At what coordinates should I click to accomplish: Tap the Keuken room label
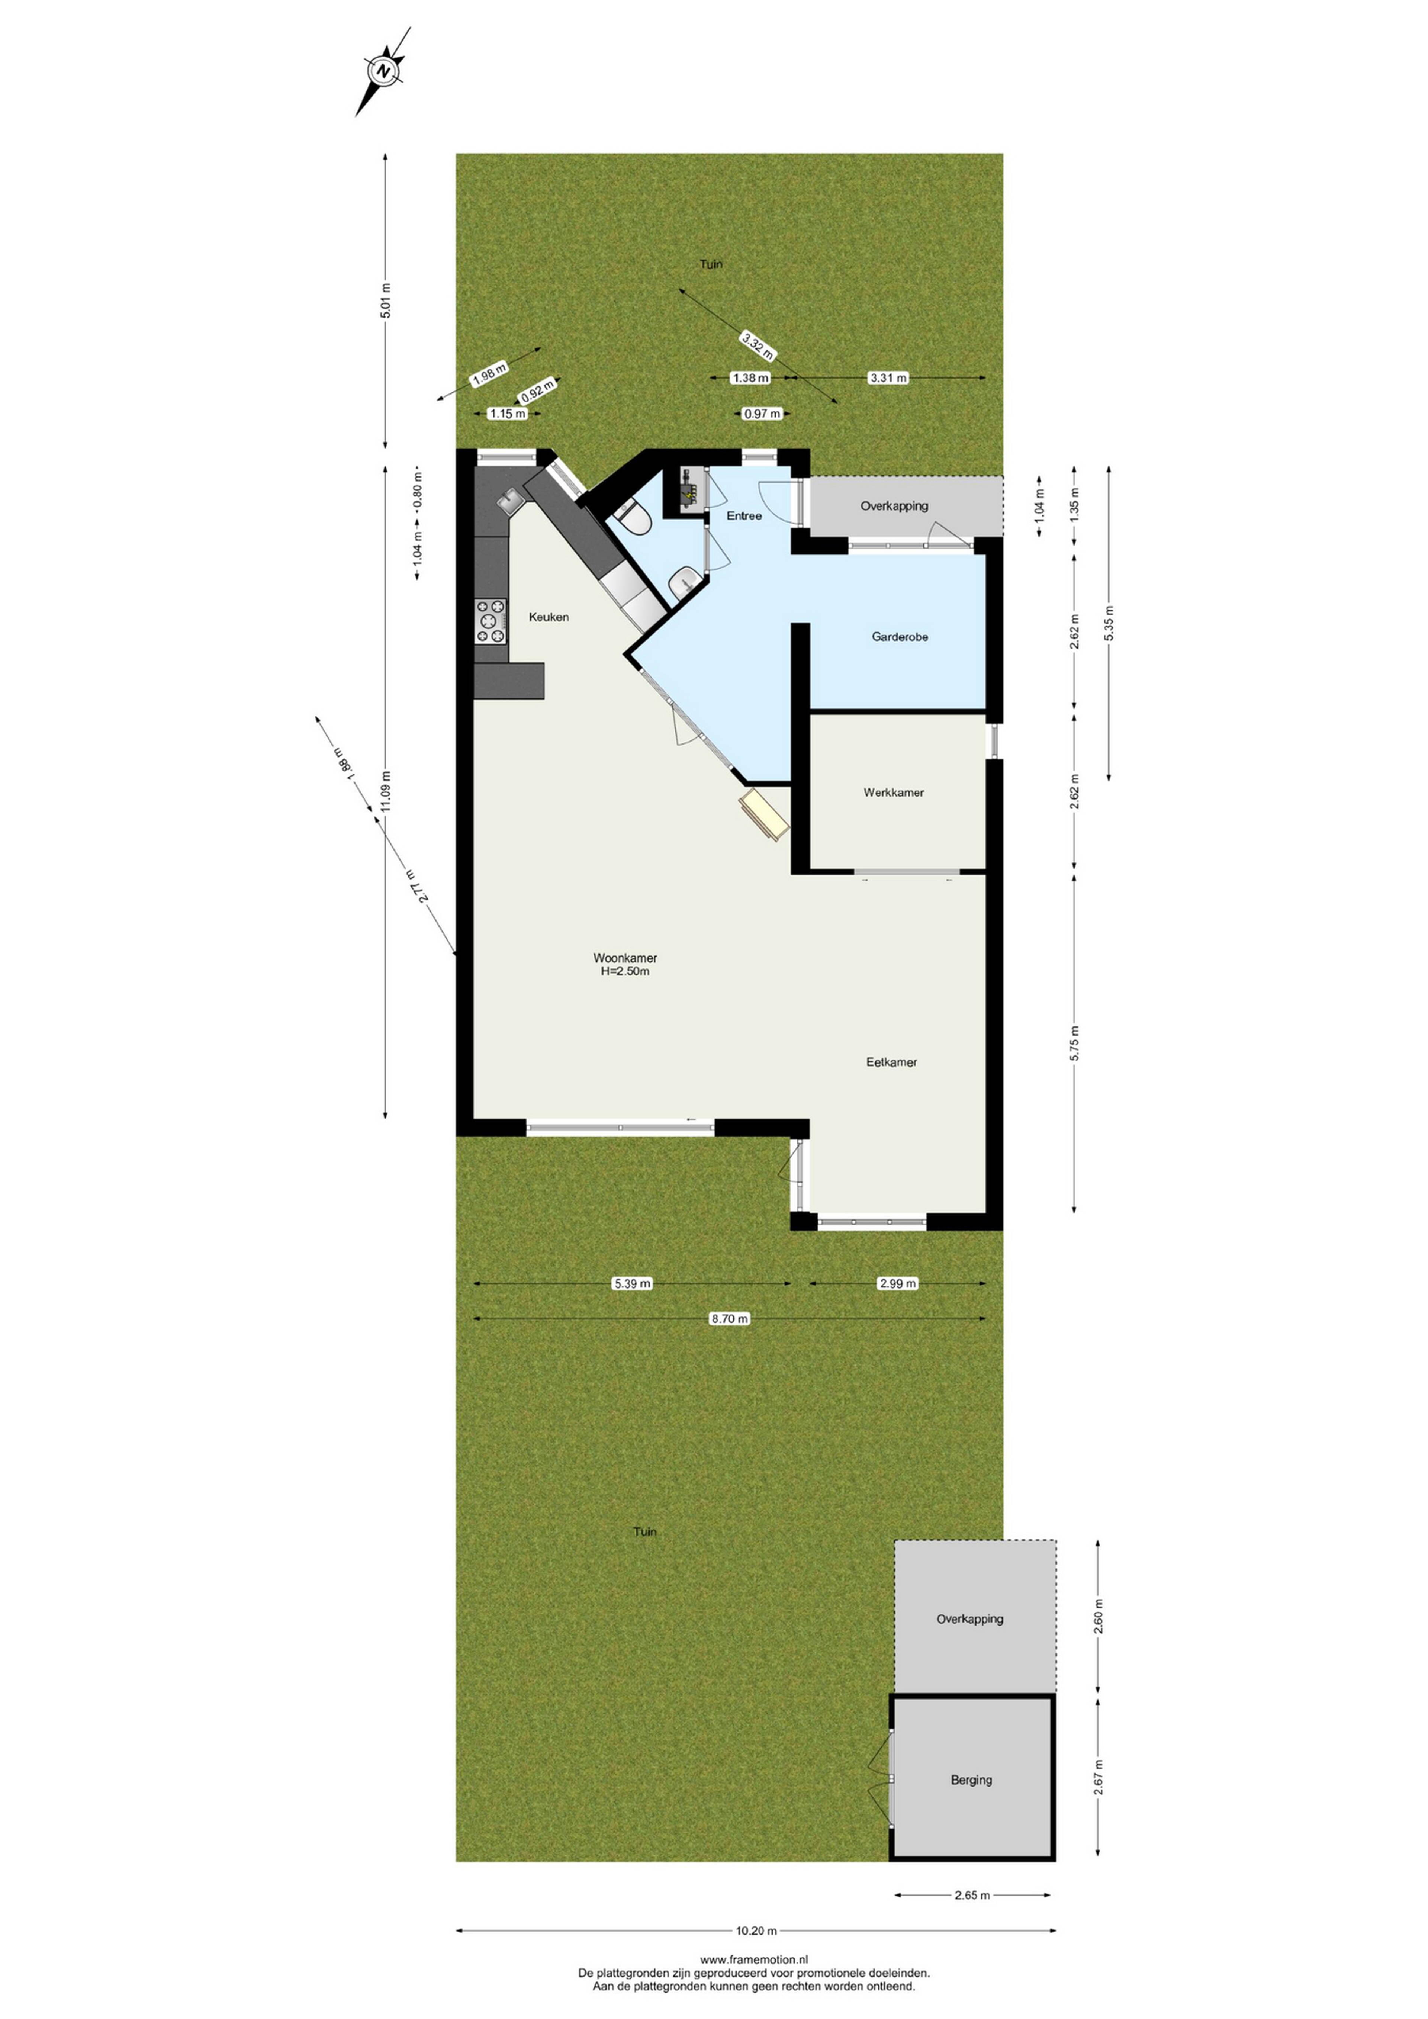[549, 617]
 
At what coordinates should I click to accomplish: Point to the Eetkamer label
[892, 1062]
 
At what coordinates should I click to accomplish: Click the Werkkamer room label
[893, 792]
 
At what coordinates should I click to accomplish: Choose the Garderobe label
[900, 637]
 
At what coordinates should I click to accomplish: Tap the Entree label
[744, 515]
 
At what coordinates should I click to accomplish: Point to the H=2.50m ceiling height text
[625, 972]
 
